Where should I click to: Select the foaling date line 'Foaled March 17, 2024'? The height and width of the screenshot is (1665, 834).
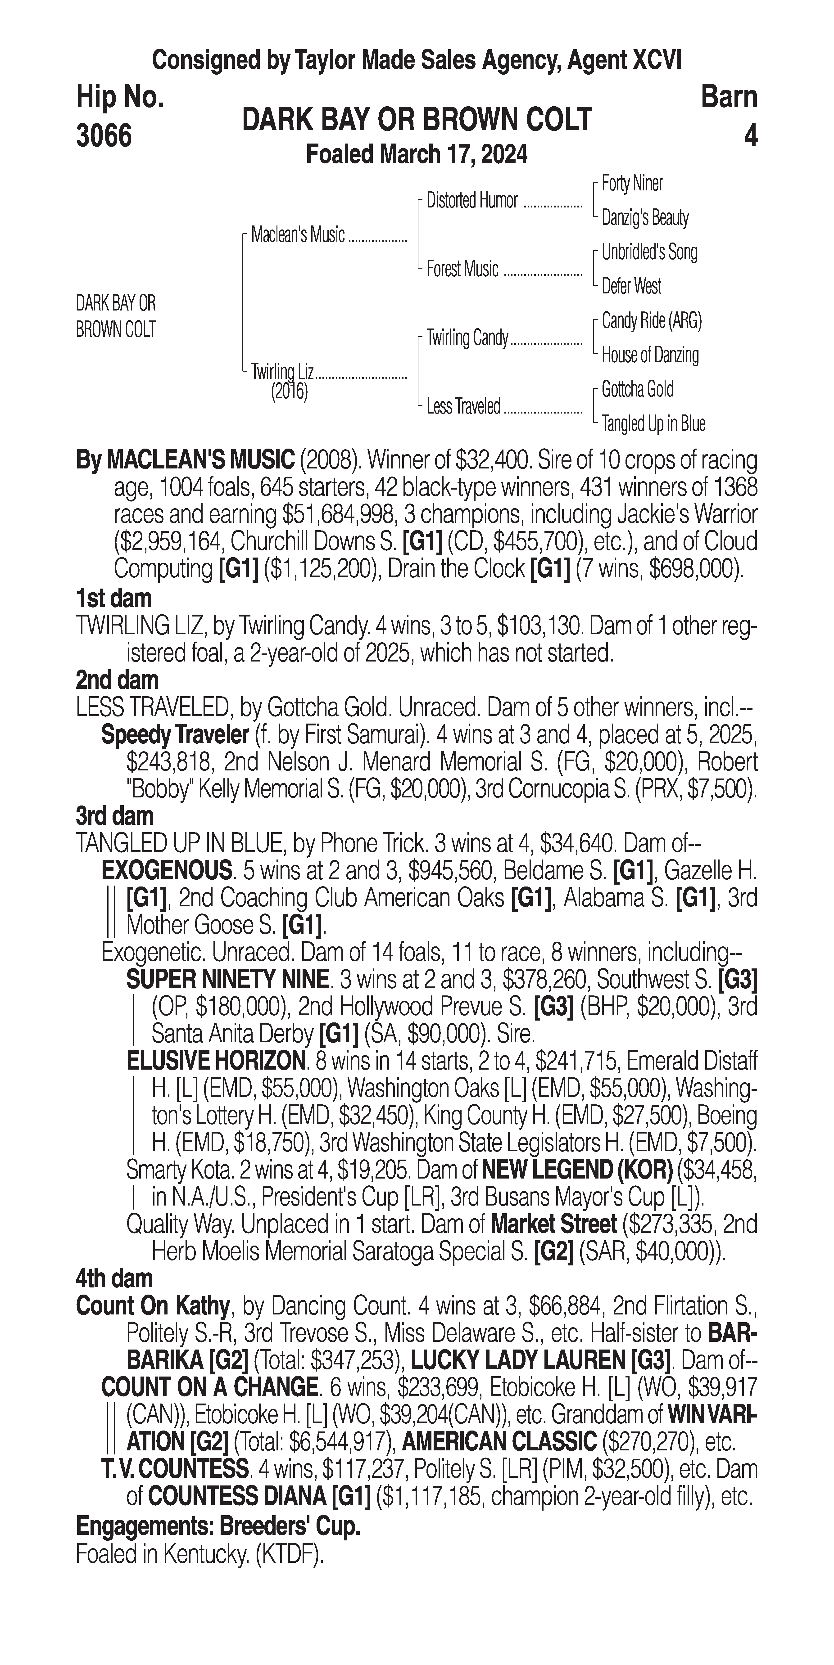[x=416, y=154]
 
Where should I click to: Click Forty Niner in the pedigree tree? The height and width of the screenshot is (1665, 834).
[x=632, y=184]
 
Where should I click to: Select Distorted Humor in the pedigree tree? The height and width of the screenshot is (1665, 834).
[x=472, y=201]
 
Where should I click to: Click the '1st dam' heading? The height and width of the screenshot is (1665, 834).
[x=114, y=598]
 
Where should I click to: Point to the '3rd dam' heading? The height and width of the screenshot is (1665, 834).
[x=115, y=816]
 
